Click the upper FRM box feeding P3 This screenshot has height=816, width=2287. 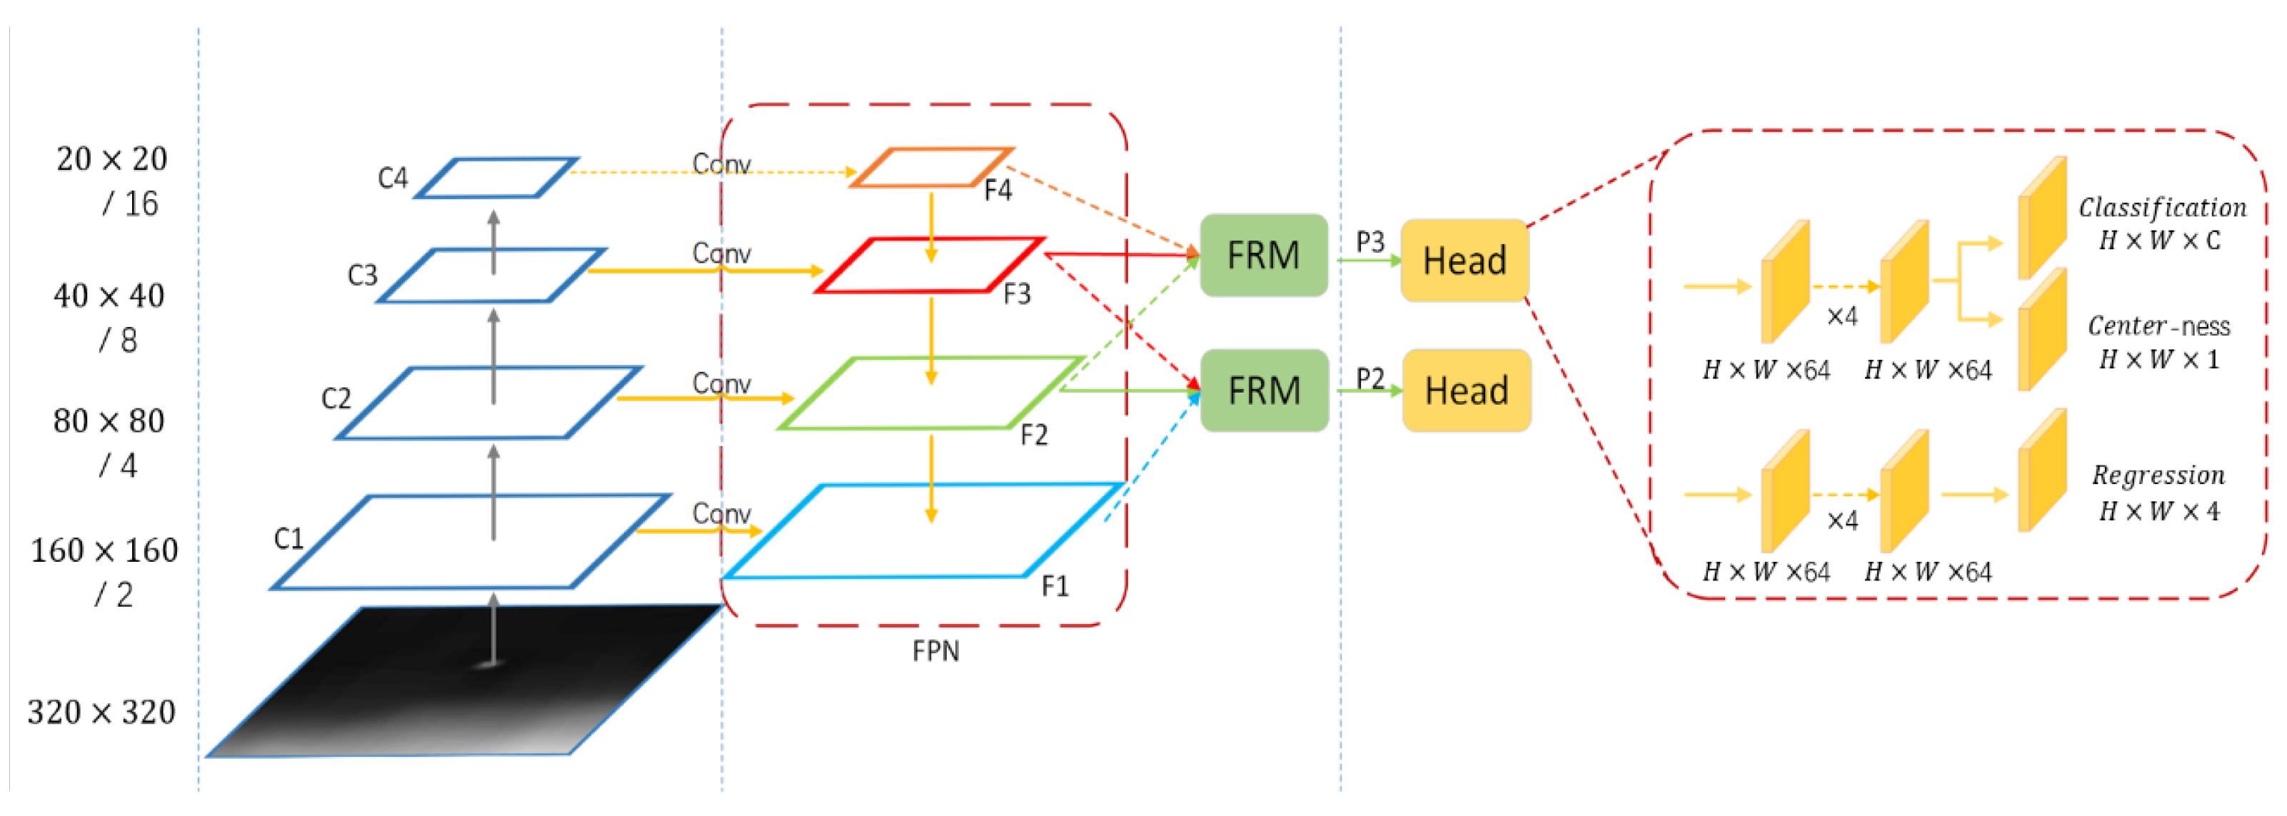pyautogui.click(x=1262, y=255)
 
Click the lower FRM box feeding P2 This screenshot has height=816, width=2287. pyautogui.click(x=1263, y=391)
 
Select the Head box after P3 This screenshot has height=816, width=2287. pyautogui.click(x=1464, y=260)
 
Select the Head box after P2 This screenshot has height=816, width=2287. pyautogui.click(x=1466, y=391)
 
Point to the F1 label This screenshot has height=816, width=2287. pyautogui.click(x=1055, y=586)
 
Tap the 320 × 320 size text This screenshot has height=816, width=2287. pyautogui.click(x=101, y=712)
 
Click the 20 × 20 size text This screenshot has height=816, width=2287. pyautogui.click(x=112, y=159)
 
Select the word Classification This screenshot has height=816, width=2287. pyautogui.click(x=2162, y=208)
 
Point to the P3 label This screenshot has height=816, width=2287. pyautogui.click(x=1370, y=241)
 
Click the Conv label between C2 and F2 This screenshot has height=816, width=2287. pyautogui.click(x=721, y=383)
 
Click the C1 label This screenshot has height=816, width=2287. pyautogui.click(x=288, y=538)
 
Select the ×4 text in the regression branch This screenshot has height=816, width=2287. pyautogui.click(x=1842, y=520)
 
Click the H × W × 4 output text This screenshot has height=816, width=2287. pyautogui.click(x=2158, y=511)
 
